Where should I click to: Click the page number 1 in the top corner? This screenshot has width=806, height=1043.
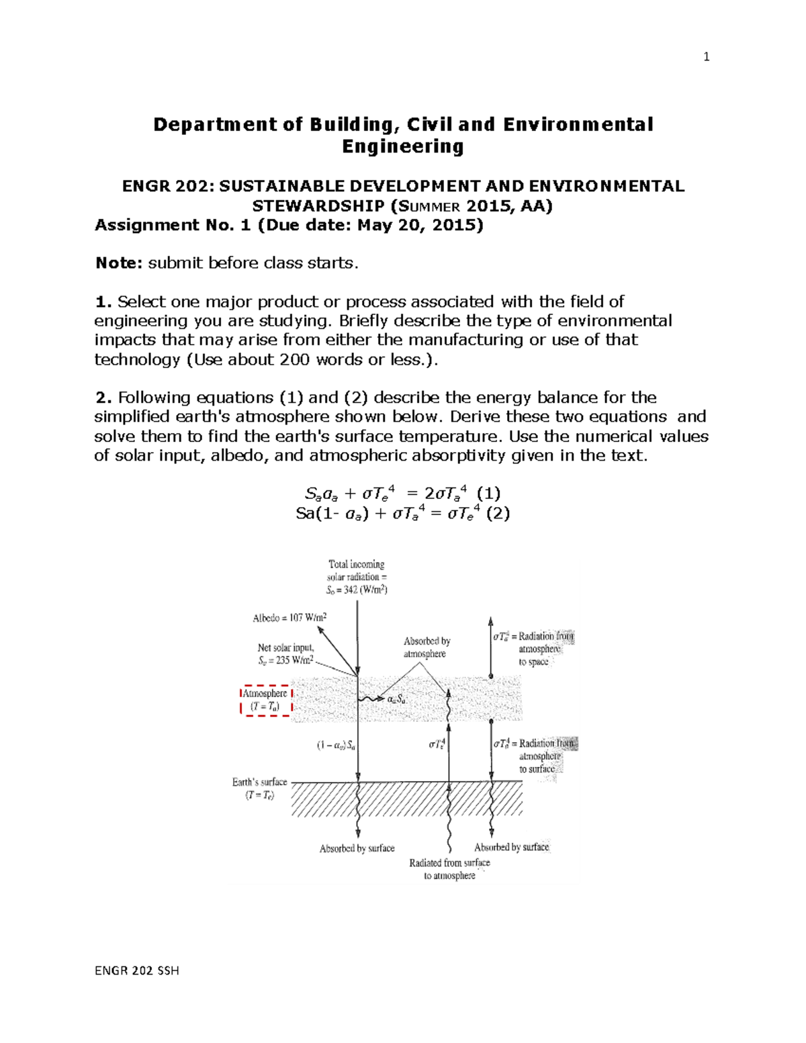tap(706, 57)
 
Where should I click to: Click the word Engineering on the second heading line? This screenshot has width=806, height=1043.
tap(403, 146)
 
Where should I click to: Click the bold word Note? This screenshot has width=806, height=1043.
tap(119, 263)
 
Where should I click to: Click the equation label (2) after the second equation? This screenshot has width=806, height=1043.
tap(498, 514)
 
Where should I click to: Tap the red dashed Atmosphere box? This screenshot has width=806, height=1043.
tap(266, 700)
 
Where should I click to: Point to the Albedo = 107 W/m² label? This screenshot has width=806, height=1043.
tap(289, 618)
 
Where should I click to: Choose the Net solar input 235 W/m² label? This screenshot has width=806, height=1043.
tap(285, 654)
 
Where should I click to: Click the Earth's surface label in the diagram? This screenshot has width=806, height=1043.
tap(259, 788)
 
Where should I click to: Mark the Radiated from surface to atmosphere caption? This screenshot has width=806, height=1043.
tap(449, 869)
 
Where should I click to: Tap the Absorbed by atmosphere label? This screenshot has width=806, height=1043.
tap(427, 647)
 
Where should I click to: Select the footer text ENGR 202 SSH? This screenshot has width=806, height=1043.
tap(137, 970)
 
